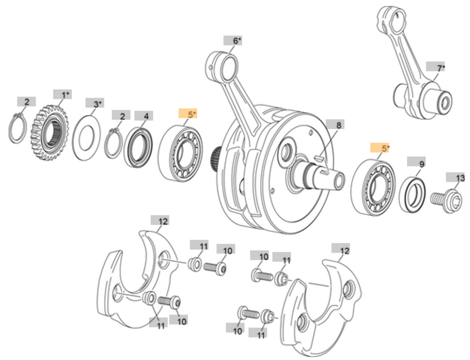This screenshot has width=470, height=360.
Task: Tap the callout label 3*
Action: point(95,104)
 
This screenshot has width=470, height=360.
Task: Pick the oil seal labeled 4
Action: point(138,147)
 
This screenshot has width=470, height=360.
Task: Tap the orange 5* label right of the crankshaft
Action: point(381,149)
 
